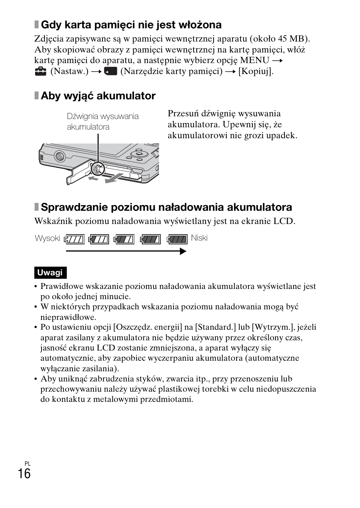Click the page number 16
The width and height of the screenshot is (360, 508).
pyautogui.click(x=24, y=473)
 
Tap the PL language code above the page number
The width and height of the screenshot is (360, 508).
pyautogui.click(x=27, y=463)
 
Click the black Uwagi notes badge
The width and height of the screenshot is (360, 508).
pyautogui.click(x=50, y=273)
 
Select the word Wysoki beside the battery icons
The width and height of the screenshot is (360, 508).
pyautogui.click(x=48, y=238)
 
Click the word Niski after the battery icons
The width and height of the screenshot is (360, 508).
pyautogui.click(x=199, y=238)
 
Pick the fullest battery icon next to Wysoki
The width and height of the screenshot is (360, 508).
pyautogui.click(x=74, y=239)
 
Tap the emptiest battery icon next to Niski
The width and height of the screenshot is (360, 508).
pyautogui.click(x=177, y=239)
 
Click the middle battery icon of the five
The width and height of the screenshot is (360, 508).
pyautogui.click(x=125, y=239)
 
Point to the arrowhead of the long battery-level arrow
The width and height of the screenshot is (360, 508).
pyautogui.click(x=183, y=251)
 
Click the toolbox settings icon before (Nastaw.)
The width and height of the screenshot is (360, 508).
pyautogui.click(x=40, y=71)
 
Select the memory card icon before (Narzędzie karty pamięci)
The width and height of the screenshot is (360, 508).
pyautogui.click(x=111, y=71)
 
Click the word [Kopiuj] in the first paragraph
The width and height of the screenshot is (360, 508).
pyautogui.click(x=255, y=71)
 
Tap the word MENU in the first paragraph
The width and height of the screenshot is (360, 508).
pyautogui.click(x=255, y=60)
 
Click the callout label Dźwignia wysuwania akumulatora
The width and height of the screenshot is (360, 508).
pyautogui.click(x=103, y=122)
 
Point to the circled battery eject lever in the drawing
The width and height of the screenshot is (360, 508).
pyautogui.click(x=97, y=168)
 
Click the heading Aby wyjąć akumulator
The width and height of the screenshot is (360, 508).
pyautogui.click(x=98, y=96)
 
